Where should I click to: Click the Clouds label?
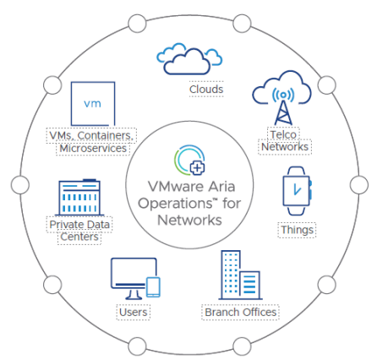[206, 90]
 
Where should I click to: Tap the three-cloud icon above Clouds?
[189, 59]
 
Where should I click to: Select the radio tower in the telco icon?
[283, 106]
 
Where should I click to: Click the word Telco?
[283, 134]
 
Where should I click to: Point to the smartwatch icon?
[298, 191]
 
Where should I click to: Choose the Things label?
[297, 230]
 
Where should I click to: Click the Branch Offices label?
[241, 312]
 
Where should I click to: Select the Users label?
[134, 312]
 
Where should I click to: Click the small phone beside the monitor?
[153, 287]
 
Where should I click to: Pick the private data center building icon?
[79, 197]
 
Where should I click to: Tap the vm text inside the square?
[92, 104]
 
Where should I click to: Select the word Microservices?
[93, 149]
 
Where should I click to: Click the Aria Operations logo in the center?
[189, 160]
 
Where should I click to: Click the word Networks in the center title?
[189, 220]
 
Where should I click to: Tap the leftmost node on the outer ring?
[20, 185]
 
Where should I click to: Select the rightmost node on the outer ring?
[359, 185]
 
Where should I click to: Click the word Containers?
[105, 135]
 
